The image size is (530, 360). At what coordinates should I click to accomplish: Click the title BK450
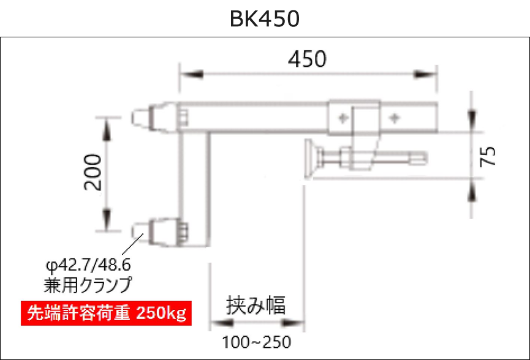[x=265, y=19]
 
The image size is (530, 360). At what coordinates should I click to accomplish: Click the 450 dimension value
[x=307, y=59]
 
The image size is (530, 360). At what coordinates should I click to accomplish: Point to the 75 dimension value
[x=488, y=156]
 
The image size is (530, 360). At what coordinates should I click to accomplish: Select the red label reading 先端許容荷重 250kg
[x=106, y=313]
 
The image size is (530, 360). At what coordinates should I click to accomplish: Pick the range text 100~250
[x=256, y=341]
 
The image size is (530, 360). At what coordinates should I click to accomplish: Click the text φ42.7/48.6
[x=88, y=266]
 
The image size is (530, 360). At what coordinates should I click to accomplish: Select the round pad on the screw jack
[x=311, y=159]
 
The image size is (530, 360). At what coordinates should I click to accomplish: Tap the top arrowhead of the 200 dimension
[x=107, y=127]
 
